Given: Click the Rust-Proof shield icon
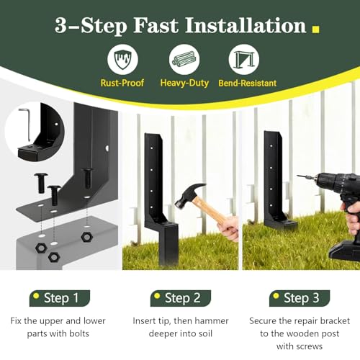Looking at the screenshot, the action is click(x=122, y=59).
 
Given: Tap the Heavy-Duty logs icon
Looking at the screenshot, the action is click(x=184, y=59).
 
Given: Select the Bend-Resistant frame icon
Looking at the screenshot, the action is click(x=244, y=59).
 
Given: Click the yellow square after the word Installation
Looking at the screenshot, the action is click(x=315, y=29).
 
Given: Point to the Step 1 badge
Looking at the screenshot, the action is click(x=60, y=298).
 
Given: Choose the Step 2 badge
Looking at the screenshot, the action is click(x=181, y=298).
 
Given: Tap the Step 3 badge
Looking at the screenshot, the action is click(x=300, y=298).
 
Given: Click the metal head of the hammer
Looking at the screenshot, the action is click(x=189, y=195).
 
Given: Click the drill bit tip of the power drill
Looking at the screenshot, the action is click(x=298, y=176).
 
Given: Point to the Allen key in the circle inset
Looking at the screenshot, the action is click(x=25, y=125).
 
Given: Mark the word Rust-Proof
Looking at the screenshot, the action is click(x=122, y=83).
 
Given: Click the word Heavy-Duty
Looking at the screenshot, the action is click(x=184, y=83).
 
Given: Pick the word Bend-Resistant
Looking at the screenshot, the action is click(x=248, y=84).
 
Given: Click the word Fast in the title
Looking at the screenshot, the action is click(x=156, y=25).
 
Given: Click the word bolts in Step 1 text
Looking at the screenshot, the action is click(x=79, y=333).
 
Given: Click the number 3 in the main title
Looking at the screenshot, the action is click(x=60, y=25).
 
